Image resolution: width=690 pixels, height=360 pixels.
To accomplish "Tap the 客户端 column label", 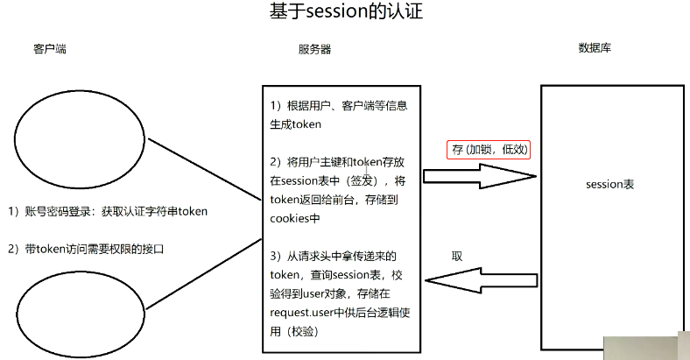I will coord(49,48).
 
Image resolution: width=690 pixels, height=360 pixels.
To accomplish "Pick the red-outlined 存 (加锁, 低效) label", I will coord(489,150).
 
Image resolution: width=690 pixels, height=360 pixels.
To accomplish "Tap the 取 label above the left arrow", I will coord(456,255).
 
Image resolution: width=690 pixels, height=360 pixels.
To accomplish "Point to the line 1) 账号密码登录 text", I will coord(107,212).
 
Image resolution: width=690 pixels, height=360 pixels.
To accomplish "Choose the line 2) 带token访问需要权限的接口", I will coord(87,249).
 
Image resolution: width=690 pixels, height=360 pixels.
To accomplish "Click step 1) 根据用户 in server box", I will coord(341,105).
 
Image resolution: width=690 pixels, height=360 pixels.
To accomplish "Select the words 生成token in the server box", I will coord(296,124).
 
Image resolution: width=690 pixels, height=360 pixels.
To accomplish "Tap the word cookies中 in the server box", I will coord(295,217).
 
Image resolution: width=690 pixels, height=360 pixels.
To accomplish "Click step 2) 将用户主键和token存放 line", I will coord(336,161).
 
